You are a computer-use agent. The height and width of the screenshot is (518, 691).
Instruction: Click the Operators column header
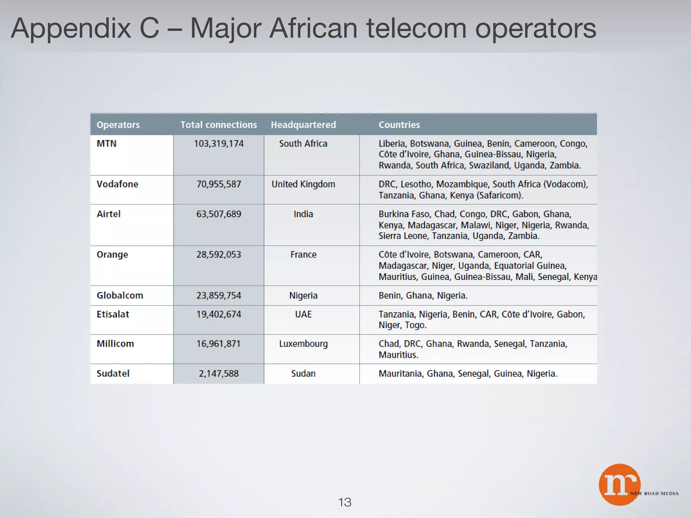point(118,125)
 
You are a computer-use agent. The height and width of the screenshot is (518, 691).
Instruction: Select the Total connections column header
point(219,125)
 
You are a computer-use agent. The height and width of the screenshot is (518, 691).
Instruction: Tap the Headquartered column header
point(303,125)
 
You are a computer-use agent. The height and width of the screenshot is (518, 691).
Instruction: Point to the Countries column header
point(399,125)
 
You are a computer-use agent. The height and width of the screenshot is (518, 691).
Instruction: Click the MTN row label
point(107,144)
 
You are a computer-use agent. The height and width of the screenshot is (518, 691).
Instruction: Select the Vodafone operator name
point(117,184)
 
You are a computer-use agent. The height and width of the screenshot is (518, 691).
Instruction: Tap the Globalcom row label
point(120,295)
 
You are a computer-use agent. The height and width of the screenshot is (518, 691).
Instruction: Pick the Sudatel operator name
point(113,374)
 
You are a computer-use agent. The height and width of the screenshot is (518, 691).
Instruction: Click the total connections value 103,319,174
point(219,144)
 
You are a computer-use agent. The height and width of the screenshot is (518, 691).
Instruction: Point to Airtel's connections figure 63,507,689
point(219,214)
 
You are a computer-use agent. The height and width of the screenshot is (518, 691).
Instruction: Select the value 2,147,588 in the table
point(219,374)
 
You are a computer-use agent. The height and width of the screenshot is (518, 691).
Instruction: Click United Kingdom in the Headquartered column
point(303,184)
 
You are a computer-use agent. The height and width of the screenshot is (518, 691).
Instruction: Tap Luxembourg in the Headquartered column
point(303,344)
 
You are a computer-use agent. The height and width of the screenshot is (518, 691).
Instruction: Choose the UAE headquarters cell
point(303,314)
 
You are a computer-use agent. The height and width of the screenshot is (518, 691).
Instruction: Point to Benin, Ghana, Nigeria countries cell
point(423,296)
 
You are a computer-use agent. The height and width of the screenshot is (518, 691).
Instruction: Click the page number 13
point(344,502)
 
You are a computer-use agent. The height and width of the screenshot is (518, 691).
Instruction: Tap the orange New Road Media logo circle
point(619,484)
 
